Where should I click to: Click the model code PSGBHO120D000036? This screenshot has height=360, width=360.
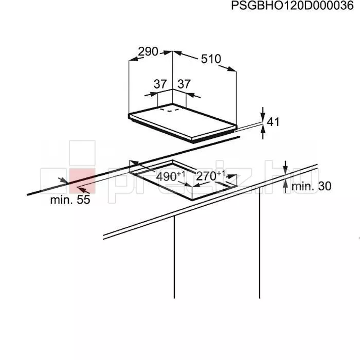click(x=292, y=6)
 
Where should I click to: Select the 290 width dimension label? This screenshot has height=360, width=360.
click(x=148, y=51)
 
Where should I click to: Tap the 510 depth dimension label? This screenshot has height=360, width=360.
click(x=211, y=59)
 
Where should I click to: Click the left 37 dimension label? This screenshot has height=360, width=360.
click(x=160, y=84)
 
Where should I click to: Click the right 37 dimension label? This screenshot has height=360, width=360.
click(x=184, y=84)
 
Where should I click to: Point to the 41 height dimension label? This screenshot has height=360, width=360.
click(x=273, y=122)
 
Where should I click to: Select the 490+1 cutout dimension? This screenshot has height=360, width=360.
click(x=170, y=176)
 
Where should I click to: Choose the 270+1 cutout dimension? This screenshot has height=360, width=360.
click(x=211, y=176)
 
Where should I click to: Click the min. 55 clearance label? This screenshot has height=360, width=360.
click(x=70, y=200)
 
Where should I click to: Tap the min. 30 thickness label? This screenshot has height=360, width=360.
click(x=311, y=186)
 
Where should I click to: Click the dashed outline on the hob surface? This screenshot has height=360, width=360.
click(x=169, y=110)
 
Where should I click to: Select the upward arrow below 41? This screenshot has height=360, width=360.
click(x=263, y=133)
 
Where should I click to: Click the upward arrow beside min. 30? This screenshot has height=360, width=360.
click(x=285, y=186)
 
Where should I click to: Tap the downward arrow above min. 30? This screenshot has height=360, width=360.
click(x=285, y=167)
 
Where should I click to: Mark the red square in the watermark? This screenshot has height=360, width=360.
click(x=82, y=181)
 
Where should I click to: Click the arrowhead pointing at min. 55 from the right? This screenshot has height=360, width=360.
click(x=83, y=190)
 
